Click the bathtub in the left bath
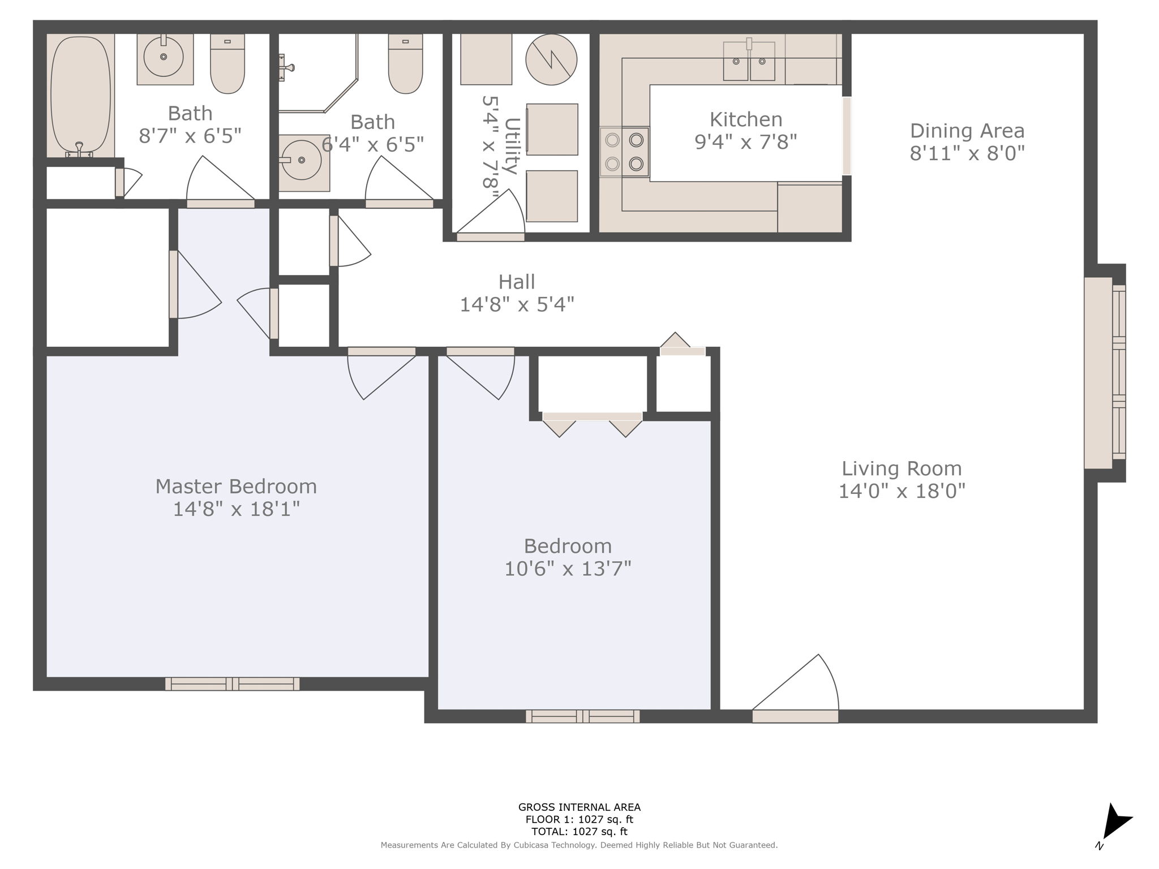pos(80,96)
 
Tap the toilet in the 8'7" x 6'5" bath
pos(227,63)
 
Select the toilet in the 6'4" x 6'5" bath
pos(405,63)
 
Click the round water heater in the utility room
pos(551,59)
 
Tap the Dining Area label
pos(967,131)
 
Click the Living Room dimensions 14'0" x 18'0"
pos(902,491)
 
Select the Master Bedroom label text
pos(236,486)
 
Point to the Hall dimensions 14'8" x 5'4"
pos(517,304)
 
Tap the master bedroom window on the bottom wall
pos(232,683)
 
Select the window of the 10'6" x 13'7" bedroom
pos(583,716)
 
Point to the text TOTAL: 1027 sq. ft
pos(579,832)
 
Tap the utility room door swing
pos(491,212)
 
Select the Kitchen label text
pos(746,119)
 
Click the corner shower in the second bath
pos(318,72)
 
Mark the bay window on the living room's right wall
pos(1105,373)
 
